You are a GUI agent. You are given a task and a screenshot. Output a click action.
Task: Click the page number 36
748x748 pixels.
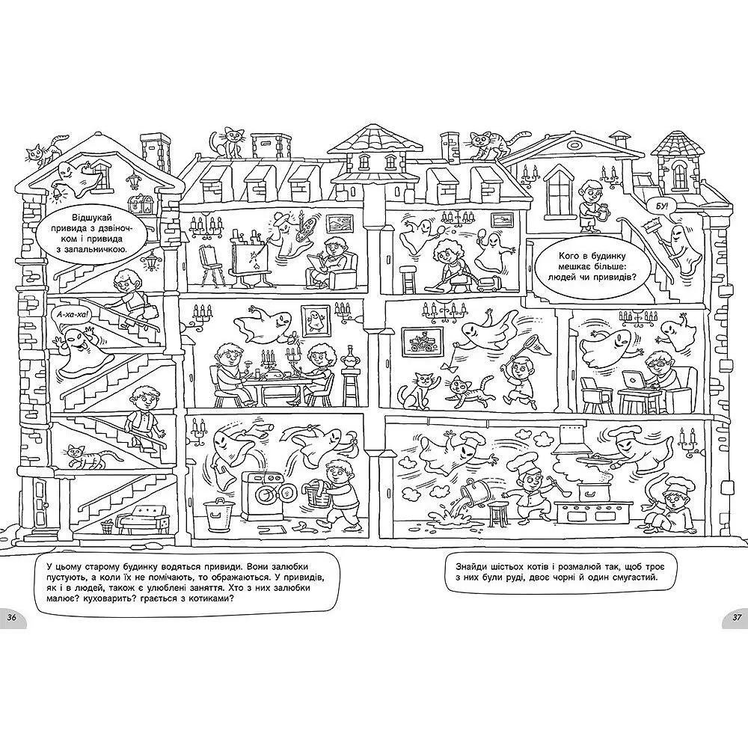click(11, 617)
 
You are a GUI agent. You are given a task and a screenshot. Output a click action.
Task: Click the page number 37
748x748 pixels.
click(737, 617)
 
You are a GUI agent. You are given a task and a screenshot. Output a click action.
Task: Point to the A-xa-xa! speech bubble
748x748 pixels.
click(68, 314)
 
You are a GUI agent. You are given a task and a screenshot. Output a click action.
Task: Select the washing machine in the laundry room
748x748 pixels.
click(262, 495)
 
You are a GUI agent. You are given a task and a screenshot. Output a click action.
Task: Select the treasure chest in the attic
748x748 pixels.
click(143, 203)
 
